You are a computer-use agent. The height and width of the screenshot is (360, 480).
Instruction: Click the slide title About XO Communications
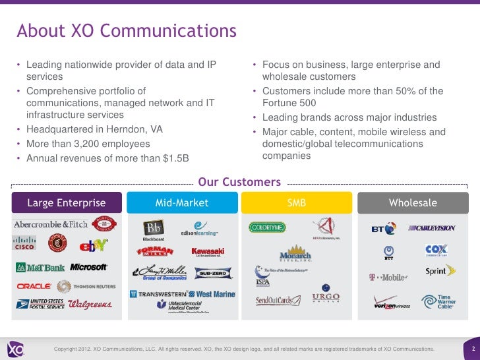click(x=127, y=31)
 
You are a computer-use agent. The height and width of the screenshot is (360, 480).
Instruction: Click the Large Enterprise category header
click(x=66, y=203)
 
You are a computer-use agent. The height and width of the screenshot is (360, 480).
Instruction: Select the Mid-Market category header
click(x=181, y=203)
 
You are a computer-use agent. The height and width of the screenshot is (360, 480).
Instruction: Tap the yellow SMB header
click(x=297, y=203)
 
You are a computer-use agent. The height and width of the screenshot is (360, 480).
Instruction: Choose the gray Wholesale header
click(x=413, y=203)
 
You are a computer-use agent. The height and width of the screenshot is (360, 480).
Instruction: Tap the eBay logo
click(x=89, y=246)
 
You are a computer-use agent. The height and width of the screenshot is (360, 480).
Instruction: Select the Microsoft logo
click(x=89, y=267)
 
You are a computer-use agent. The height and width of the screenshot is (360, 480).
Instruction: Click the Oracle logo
click(x=33, y=287)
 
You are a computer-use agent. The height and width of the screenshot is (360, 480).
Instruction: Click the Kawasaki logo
click(x=208, y=251)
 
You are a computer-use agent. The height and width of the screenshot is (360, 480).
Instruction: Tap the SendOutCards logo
click(x=273, y=301)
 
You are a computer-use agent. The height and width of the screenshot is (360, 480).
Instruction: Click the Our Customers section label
click(x=239, y=182)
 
